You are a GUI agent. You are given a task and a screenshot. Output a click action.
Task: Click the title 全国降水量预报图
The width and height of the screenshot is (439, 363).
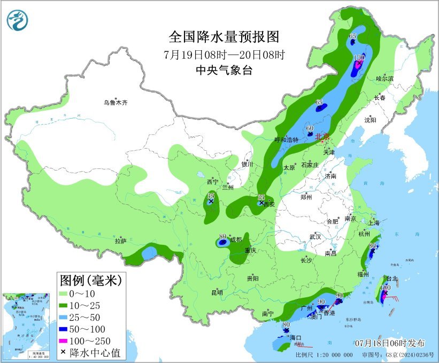(x=224, y=37)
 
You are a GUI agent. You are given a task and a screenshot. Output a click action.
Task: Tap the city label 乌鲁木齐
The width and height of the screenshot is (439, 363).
(x=117, y=102)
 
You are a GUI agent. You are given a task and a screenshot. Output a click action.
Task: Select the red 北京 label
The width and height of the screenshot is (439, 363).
(x=322, y=136)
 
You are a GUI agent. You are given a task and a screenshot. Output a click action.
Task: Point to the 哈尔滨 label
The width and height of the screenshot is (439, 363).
(x=384, y=79)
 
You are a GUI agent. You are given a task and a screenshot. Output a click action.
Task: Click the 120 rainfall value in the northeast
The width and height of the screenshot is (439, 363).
(x=360, y=57)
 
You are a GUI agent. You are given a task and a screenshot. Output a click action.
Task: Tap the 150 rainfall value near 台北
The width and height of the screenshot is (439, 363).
(x=384, y=288)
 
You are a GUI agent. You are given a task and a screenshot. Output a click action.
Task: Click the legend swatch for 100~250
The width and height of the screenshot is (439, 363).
(x=66, y=341)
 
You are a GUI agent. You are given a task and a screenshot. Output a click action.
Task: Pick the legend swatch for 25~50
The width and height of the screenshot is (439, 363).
(x=66, y=317)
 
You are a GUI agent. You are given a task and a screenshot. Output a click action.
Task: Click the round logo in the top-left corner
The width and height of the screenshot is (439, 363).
(x=18, y=20)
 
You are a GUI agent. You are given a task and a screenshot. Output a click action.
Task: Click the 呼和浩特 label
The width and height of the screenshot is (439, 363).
(x=286, y=140)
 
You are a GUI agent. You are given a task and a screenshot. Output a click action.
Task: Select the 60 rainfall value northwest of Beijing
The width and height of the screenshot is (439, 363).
(x=310, y=128)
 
